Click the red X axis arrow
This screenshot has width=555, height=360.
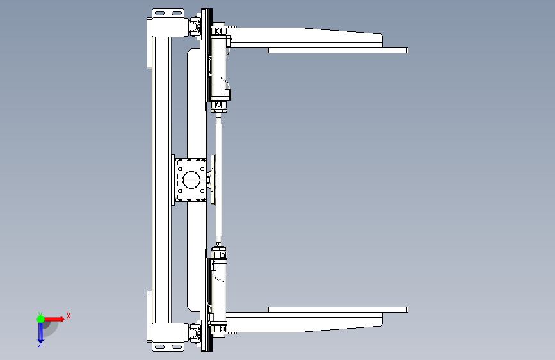54,319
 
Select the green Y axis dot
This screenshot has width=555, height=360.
40,319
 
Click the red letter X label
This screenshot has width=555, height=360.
68,316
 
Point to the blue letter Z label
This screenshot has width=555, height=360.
40,344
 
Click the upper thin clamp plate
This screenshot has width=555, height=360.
338,51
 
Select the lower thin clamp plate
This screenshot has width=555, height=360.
338,309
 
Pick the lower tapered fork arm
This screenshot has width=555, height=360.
305,322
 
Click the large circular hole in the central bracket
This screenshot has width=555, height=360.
191,179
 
